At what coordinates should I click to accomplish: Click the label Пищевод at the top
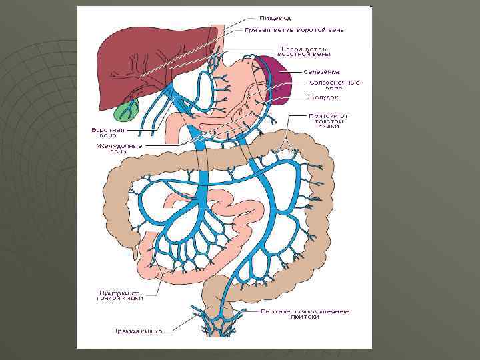click(274, 18)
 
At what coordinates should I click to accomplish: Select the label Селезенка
click(321, 71)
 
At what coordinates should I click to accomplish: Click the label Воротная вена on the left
click(108, 132)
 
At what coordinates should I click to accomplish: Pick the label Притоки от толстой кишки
click(328, 120)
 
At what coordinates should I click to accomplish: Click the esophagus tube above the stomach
click(219, 37)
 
